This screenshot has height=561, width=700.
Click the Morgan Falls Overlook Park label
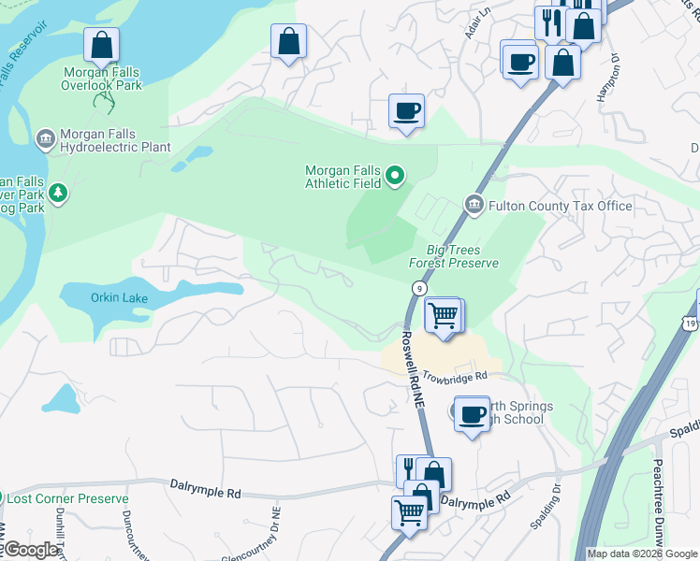pyautogui.click(x=102, y=78)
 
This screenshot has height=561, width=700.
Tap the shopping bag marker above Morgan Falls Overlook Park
pyautogui.click(x=102, y=45)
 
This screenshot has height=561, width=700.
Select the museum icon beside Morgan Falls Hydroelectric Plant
pyautogui.click(x=45, y=140)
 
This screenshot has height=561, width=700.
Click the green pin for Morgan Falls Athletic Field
pyautogui.click(x=395, y=175)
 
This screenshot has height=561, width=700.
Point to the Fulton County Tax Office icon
pyautogui.click(x=474, y=205)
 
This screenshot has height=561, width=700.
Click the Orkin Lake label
pyautogui.click(x=117, y=297)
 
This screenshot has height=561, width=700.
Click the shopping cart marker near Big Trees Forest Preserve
pyautogui.click(x=443, y=316)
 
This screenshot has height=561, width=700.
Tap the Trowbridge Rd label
pyautogui.click(x=455, y=377)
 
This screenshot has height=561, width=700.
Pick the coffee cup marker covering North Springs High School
pyautogui.click(x=473, y=412)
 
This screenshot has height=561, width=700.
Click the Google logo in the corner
pyautogui.click(x=31, y=550)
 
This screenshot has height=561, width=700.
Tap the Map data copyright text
pyautogui.click(x=642, y=554)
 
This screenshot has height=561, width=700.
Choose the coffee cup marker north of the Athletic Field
pyautogui.click(x=406, y=111)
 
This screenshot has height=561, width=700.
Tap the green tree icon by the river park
pyautogui.click(x=59, y=193)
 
